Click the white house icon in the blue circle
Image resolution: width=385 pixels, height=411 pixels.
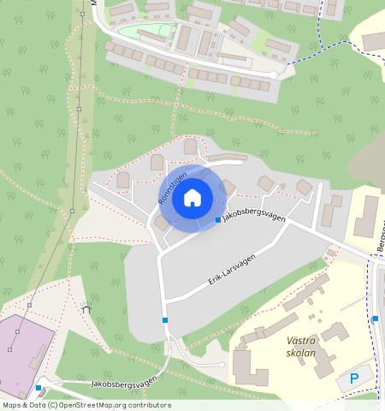(x=192, y=199)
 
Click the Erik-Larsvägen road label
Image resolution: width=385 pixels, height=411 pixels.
(x=233, y=268)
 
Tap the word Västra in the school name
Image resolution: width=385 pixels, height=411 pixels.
(x=301, y=341)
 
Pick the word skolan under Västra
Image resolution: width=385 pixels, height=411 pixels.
(x=301, y=353)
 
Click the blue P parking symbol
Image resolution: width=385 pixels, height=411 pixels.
(x=354, y=378)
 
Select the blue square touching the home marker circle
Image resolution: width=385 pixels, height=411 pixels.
(x=217, y=224)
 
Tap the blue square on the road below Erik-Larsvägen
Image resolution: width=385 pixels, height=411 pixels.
(x=165, y=320)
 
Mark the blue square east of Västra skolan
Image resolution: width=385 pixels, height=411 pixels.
(x=375, y=319)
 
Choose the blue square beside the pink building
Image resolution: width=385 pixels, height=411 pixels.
(x=38, y=388)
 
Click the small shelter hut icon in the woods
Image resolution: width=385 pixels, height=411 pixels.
(x=86, y=307)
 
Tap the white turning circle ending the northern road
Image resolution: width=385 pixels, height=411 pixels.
(x=274, y=75)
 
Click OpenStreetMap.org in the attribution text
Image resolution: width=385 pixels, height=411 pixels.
(x=93, y=406)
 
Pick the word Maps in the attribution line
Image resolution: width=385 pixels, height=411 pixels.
(x=12, y=406)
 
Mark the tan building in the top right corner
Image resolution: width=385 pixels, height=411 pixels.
(x=374, y=41)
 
